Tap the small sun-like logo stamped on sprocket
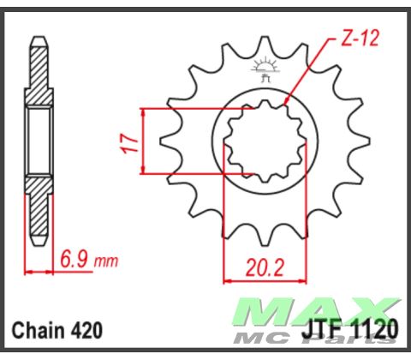[x=263, y=67]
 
